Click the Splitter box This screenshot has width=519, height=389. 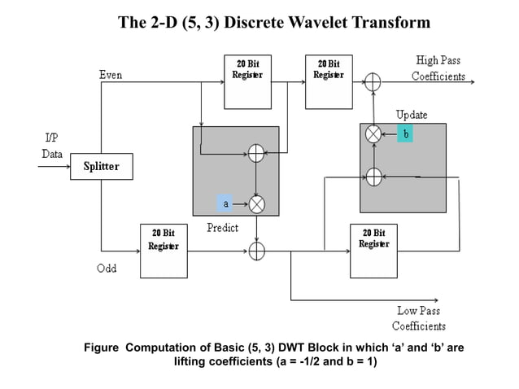coord(101,167)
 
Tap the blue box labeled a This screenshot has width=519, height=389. coord(225,203)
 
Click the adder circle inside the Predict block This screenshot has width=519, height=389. coord(256,152)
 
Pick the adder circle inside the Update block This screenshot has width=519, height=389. coord(373,174)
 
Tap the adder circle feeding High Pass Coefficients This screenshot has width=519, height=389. coord(373,82)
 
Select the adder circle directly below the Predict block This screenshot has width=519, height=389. coord(256,251)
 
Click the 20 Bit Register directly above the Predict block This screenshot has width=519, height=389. coord(247,81)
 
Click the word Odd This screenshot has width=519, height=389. coord(106,269)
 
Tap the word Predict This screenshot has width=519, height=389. coord(222,228)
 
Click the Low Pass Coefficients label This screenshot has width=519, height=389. coord(418,318)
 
